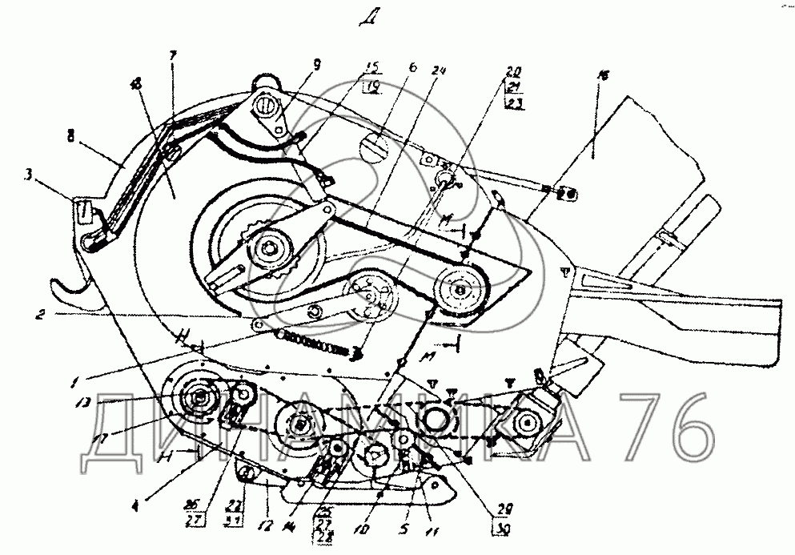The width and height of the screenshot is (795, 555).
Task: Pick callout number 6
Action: tap(412, 70)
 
